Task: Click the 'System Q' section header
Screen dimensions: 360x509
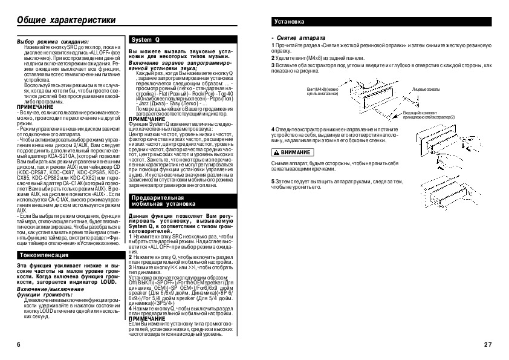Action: coord(144,39)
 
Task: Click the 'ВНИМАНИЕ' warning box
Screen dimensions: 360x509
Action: coord(292,151)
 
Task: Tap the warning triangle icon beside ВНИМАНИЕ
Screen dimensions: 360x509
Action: coord(276,151)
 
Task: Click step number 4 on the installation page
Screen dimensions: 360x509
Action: coord(273,130)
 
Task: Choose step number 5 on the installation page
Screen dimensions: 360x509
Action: coord(273,181)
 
